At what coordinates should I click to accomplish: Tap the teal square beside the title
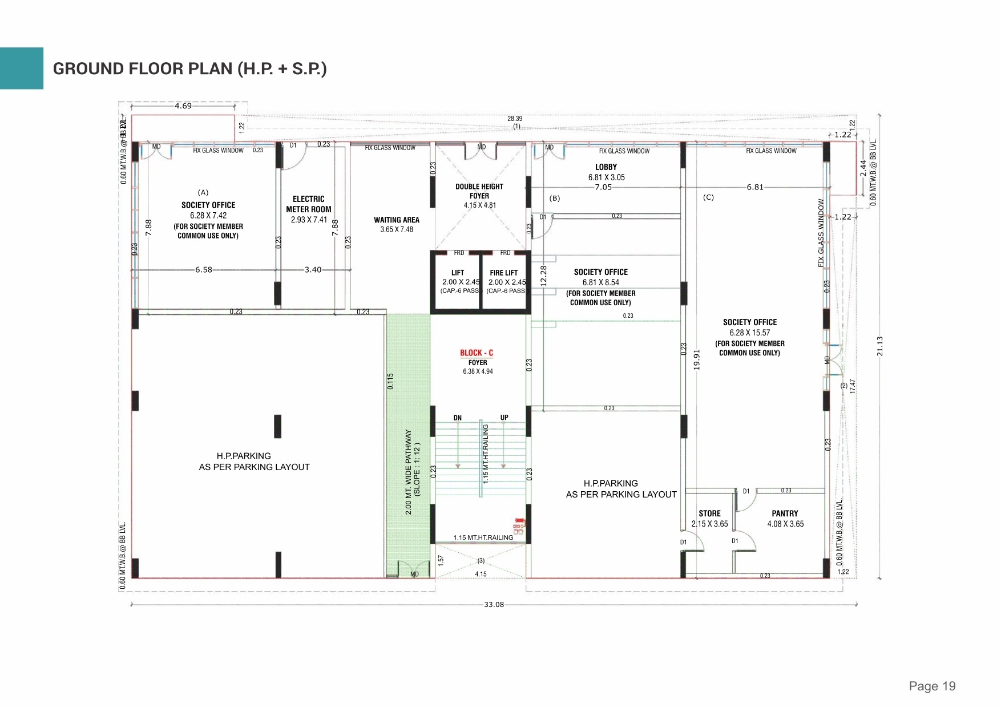click(21, 68)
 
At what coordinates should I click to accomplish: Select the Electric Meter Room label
click(308, 204)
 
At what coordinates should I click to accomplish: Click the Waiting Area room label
click(396, 220)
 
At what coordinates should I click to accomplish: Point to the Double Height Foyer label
click(479, 191)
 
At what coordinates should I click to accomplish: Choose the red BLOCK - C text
click(477, 353)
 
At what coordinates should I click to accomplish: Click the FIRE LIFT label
click(504, 273)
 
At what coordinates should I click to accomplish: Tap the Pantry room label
click(785, 513)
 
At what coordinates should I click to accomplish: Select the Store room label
click(709, 513)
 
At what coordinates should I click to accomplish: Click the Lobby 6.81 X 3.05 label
click(606, 172)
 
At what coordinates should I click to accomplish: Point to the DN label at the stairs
click(457, 418)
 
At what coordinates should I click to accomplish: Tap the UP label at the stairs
click(504, 418)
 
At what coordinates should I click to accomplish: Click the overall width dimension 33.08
click(494, 605)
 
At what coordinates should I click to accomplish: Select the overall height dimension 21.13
click(879, 346)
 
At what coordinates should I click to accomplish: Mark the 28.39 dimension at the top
click(515, 119)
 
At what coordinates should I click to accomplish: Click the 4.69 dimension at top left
click(183, 106)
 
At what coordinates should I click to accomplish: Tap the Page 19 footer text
click(932, 686)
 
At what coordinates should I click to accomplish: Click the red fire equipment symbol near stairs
click(518, 525)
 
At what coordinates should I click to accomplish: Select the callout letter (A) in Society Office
click(203, 193)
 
